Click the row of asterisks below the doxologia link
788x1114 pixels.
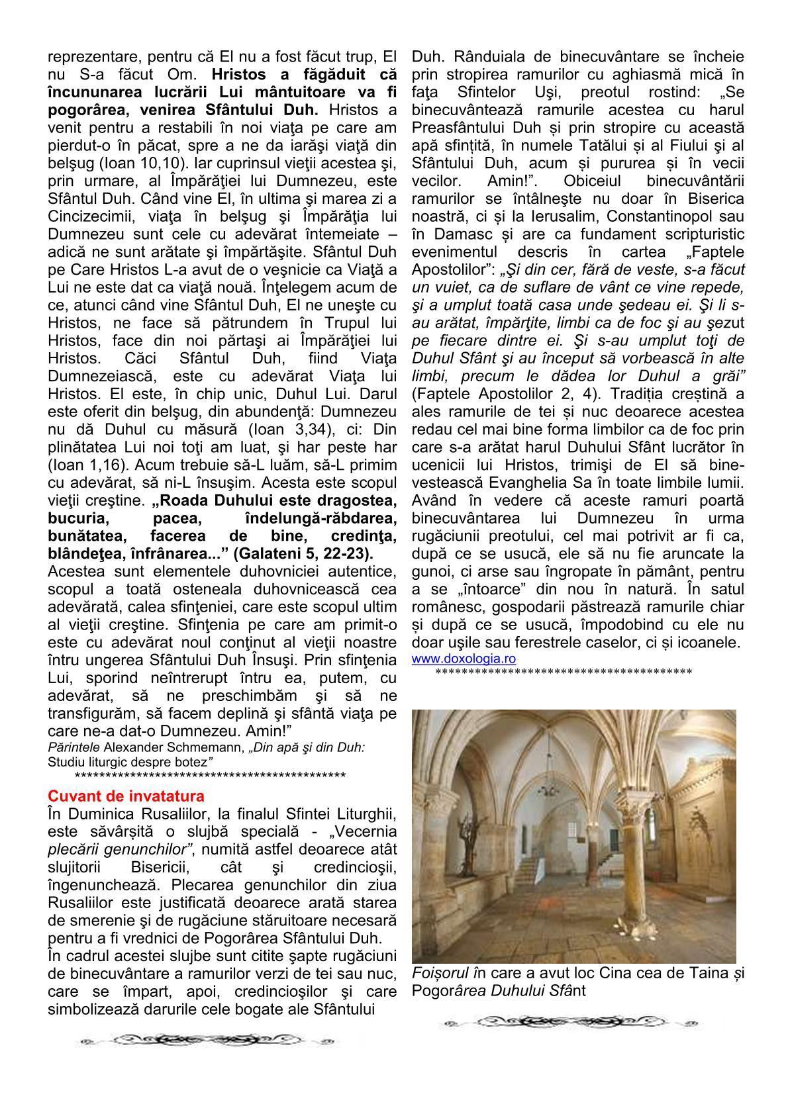[x=564, y=673]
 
